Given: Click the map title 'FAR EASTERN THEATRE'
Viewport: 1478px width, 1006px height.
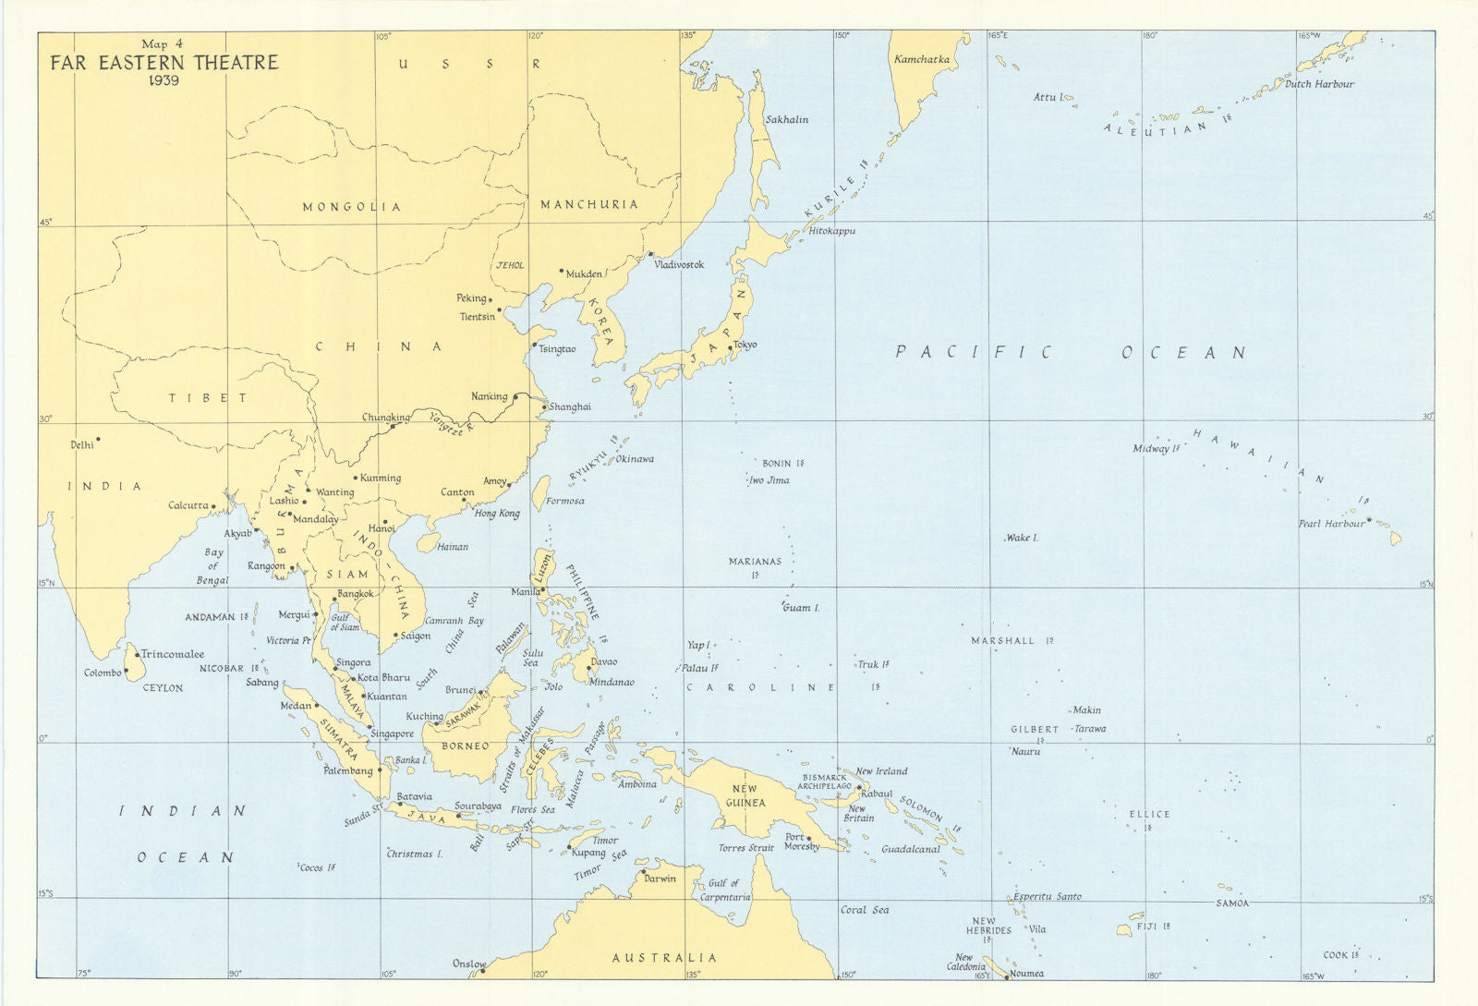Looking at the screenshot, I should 164,63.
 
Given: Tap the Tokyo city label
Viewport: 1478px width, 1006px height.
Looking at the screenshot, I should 745,345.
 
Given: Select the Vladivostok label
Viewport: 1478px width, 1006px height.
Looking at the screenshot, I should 679,265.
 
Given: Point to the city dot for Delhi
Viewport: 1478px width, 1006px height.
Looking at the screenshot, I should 98,440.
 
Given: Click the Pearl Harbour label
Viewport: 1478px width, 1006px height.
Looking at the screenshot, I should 1331,524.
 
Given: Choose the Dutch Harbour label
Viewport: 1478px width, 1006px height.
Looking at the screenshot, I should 1319,84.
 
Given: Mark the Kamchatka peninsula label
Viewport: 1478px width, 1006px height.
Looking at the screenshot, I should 921,59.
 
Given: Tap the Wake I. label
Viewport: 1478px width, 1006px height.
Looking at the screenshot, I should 1022,538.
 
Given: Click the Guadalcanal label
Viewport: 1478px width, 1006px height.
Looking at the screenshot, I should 910,849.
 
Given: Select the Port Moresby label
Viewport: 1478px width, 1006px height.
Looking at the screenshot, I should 801,842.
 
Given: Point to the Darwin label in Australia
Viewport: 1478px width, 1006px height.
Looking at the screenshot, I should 660,879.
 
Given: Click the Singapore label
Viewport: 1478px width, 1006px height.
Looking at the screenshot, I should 392,733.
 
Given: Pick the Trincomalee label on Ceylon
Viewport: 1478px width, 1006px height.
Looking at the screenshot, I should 173,654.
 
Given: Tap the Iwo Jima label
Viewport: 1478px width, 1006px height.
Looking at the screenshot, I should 769,480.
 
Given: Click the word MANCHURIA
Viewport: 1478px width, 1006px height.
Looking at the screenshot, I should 589,204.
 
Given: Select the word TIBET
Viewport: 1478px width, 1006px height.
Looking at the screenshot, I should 208,398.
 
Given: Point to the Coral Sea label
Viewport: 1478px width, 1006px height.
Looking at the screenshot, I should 865,910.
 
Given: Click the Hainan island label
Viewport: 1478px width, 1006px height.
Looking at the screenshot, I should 453,547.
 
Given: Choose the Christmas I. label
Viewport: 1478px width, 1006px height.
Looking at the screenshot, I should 415,854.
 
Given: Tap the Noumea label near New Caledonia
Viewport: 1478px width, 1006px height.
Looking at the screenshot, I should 1026,974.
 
